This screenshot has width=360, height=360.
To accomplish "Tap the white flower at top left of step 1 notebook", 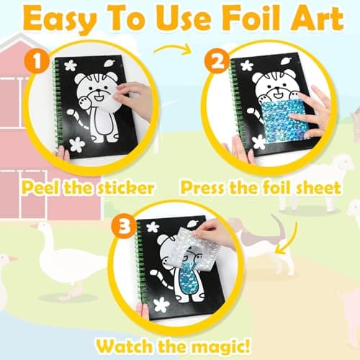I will point(71,66).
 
